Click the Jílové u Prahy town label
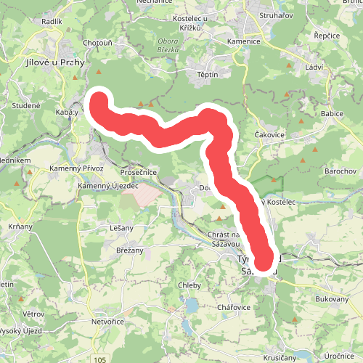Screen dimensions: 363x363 54,63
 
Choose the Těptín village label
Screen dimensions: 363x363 208,75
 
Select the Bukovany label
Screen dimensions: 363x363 333,298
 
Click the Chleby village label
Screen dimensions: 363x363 189,285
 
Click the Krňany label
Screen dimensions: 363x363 21,226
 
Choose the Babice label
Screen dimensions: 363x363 331,114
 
